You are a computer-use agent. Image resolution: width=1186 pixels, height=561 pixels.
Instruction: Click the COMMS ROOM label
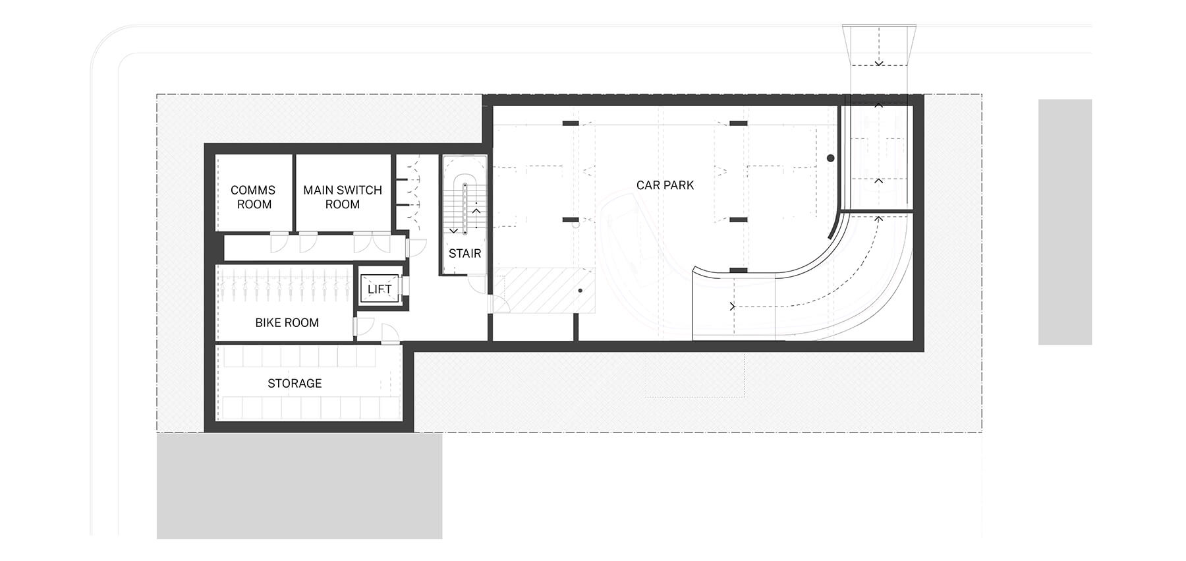pos(254,197)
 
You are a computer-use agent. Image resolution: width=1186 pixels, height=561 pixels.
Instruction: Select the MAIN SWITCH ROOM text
pos(343,197)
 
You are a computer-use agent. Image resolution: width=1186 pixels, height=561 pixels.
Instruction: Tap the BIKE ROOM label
pos(287,322)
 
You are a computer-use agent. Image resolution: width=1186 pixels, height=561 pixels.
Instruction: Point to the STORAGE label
pos(295,383)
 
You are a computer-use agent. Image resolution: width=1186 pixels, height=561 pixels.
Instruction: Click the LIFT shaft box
pos(380,289)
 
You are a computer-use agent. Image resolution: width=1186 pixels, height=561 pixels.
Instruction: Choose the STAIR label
pos(465,253)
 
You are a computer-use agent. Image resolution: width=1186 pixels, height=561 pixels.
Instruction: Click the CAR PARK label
pos(665,185)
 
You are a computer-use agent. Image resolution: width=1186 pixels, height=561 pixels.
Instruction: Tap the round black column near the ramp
pos(831,158)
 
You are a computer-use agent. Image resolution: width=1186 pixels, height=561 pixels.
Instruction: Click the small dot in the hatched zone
pos(580,291)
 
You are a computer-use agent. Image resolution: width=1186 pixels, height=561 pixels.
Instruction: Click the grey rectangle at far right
pos(1065,221)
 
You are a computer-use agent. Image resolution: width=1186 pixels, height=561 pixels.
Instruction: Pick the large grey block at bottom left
pos(299,486)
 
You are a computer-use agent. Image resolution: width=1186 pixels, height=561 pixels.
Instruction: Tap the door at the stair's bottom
pos(476,283)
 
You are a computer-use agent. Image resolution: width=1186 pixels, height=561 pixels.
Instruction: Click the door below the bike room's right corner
pos(389,334)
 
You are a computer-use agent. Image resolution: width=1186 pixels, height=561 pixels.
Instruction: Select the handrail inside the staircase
pos(465,208)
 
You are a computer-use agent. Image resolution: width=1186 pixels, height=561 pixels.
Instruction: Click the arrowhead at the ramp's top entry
pos(879,63)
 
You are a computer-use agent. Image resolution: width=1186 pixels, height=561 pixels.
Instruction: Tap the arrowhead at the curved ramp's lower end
pos(732,307)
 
